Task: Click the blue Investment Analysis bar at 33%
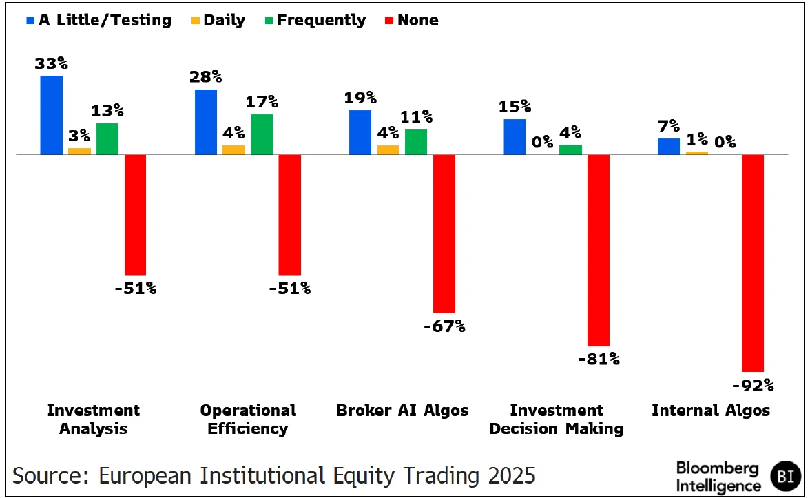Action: point(52,115)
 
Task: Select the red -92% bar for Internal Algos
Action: point(753,263)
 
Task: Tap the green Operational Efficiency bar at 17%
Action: point(261,134)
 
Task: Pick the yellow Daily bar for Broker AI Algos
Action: point(388,149)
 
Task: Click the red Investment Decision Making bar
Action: point(599,250)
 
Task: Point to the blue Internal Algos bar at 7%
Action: point(669,146)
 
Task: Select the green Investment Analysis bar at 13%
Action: point(107,138)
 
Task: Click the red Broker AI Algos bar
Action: point(444,234)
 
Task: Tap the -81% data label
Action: point(599,359)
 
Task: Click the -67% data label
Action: point(444,326)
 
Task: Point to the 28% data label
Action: point(206,77)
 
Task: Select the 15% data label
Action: point(515,107)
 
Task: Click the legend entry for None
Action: point(411,21)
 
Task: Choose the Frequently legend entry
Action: point(315,21)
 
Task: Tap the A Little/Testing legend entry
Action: point(98,21)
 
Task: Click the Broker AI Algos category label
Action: point(402,411)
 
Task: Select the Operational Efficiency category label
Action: point(248,419)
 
